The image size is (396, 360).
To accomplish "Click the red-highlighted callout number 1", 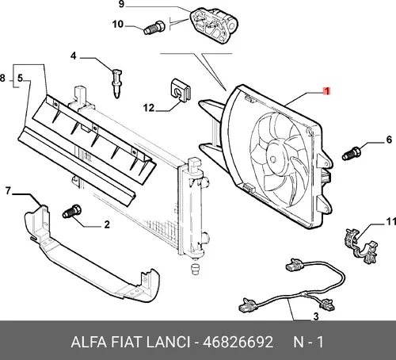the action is click(327, 91).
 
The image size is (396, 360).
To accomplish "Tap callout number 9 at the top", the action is click(121, 4).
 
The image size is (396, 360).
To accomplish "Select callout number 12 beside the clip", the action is click(149, 108).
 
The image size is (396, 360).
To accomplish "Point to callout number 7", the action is click(8, 190).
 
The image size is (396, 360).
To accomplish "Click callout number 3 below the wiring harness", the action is click(316, 316).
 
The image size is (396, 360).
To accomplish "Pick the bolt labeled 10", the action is click(154, 28).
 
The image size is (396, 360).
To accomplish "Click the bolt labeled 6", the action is click(352, 154).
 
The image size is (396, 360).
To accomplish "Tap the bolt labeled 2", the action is click(72, 211).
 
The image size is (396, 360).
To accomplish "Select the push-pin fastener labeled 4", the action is click(116, 83).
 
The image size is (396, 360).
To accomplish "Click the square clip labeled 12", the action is click(180, 90).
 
